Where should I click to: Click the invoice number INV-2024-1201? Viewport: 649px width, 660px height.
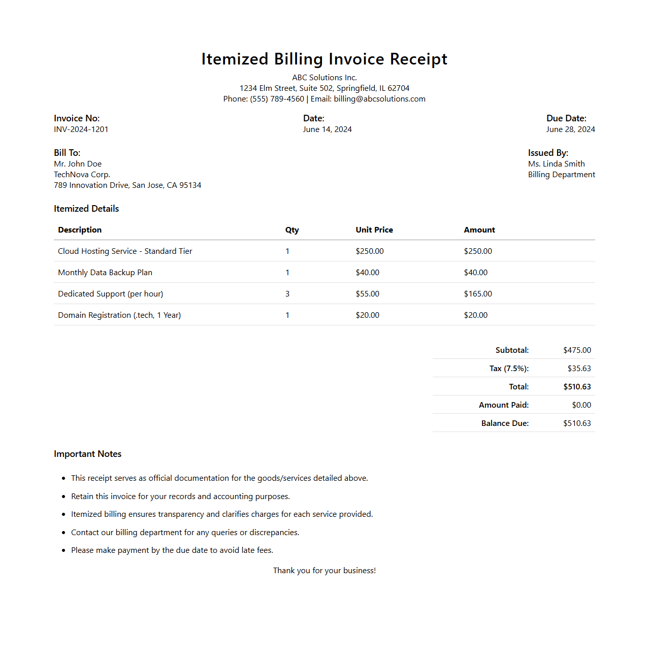81,129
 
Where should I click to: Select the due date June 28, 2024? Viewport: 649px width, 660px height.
570,129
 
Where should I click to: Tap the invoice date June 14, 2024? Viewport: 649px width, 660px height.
327,129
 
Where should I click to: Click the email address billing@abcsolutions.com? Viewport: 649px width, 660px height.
379,99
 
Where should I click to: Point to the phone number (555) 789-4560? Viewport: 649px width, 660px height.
277,99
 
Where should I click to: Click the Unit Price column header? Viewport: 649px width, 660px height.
374,230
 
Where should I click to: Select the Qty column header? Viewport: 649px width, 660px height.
292,230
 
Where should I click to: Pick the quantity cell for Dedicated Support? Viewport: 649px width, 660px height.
287,294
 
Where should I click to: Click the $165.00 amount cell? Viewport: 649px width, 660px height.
478,294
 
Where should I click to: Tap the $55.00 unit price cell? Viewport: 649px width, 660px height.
368,294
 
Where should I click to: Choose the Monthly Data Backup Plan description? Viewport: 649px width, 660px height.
105,273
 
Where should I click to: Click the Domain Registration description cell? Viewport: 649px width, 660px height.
119,315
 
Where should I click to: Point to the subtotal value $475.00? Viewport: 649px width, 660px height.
577,350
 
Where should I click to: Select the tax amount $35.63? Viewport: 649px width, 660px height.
579,369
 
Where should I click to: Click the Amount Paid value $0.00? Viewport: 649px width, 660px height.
581,405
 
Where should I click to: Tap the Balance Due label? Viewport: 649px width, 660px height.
505,423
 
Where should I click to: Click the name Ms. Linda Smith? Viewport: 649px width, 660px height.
556,164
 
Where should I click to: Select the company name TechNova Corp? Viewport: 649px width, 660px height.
82,175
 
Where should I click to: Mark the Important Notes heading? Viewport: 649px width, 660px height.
88,454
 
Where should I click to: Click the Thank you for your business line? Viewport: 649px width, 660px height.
324,571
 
